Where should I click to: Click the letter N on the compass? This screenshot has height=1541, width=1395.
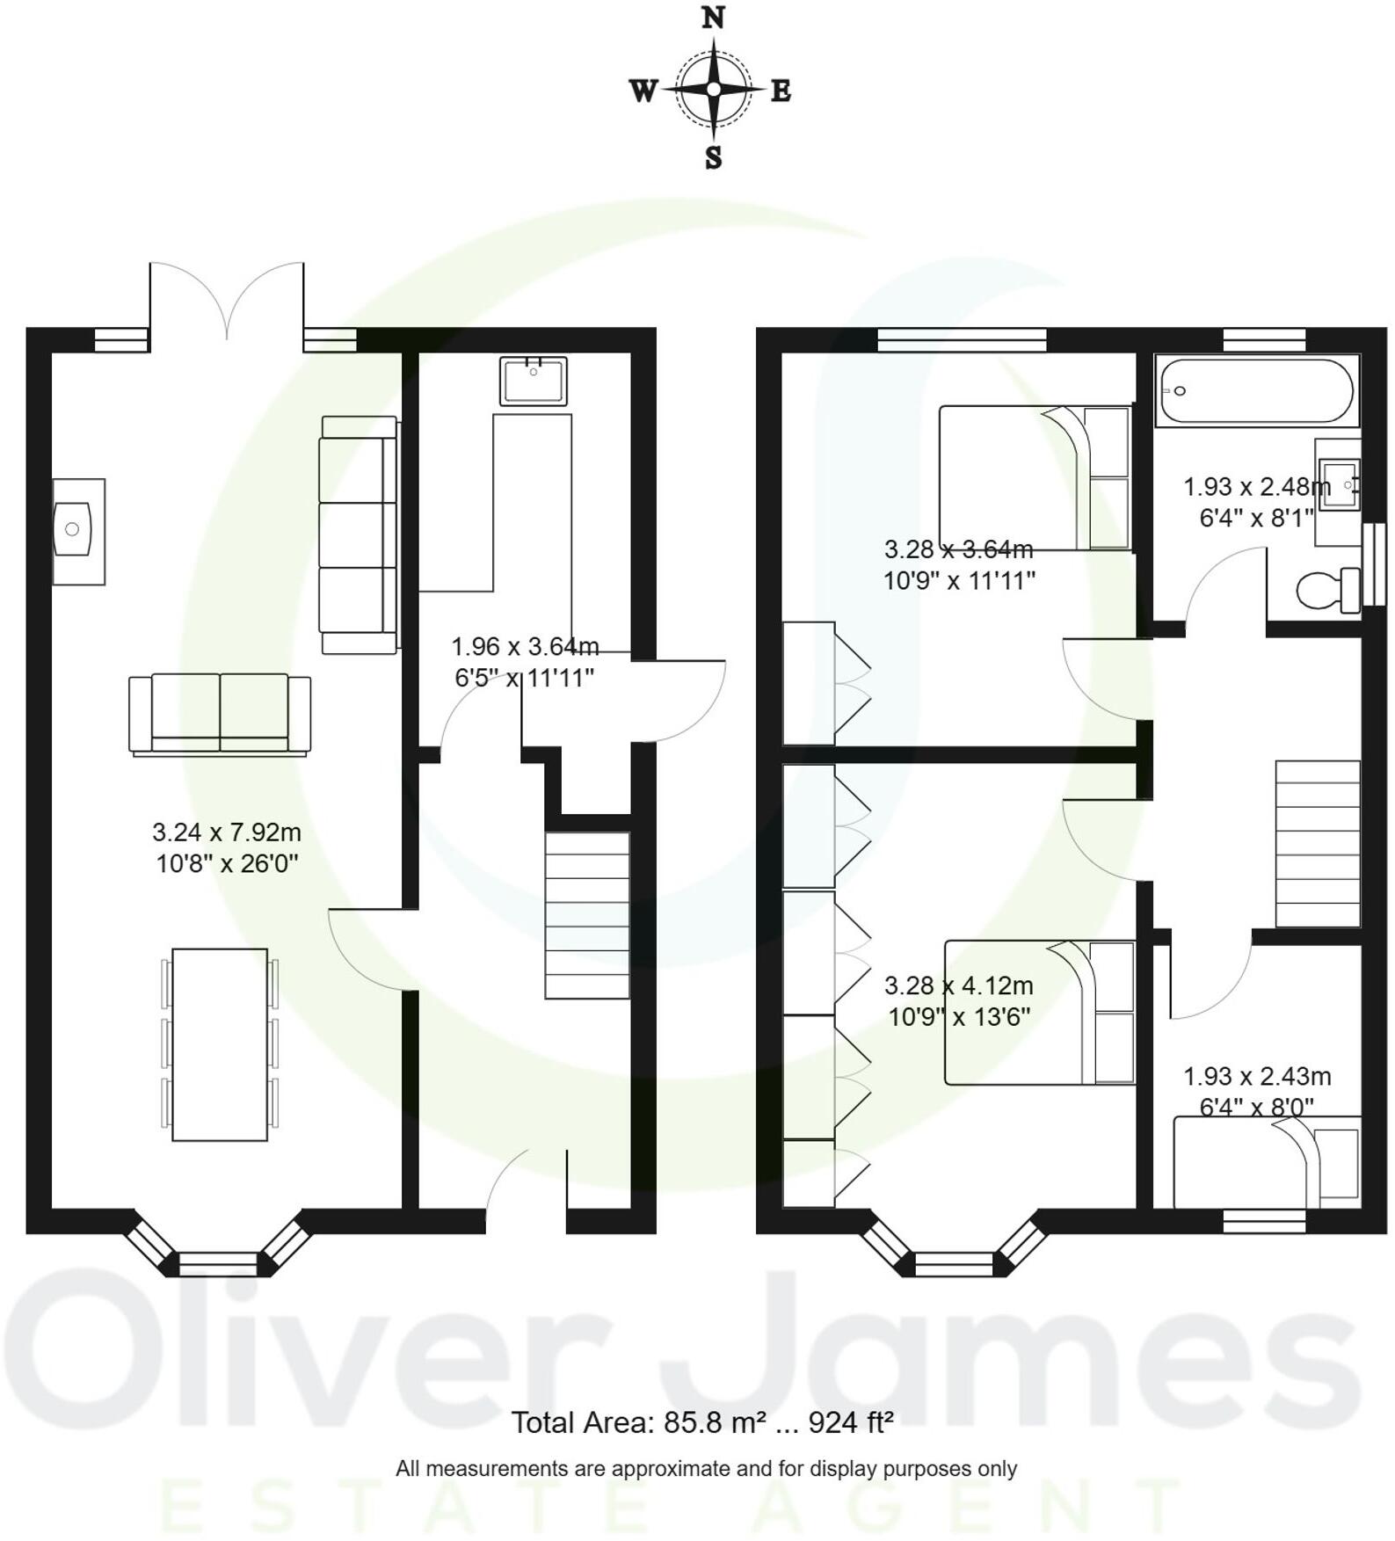pyautogui.click(x=713, y=18)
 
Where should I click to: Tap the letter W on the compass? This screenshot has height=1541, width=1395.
pyautogui.click(x=643, y=90)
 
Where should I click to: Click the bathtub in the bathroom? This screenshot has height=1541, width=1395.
pyautogui.click(x=1256, y=391)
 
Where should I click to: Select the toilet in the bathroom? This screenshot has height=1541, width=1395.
pyautogui.click(x=1326, y=590)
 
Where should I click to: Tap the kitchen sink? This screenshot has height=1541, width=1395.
pyautogui.click(x=533, y=381)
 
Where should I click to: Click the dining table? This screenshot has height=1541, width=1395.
pyautogui.click(x=219, y=1044)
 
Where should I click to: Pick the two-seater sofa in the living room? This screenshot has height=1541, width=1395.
pyautogui.click(x=220, y=714)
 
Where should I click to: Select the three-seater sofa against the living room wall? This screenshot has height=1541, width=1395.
pyautogui.click(x=359, y=534)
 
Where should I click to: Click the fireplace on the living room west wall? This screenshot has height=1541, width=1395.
pyautogui.click(x=77, y=531)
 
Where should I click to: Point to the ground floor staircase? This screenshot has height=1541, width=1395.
pyautogui.click(x=587, y=915)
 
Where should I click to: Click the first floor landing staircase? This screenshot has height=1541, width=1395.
pyautogui.click(x=1317, y=843)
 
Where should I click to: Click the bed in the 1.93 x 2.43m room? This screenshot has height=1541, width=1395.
pyautogui.click(x=1267, y=1162)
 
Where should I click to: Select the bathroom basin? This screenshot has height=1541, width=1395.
pyautogui.click(x=1339, y=484)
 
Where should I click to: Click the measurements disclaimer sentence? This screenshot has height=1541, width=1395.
pyautogui.click(x=706, y=1469)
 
